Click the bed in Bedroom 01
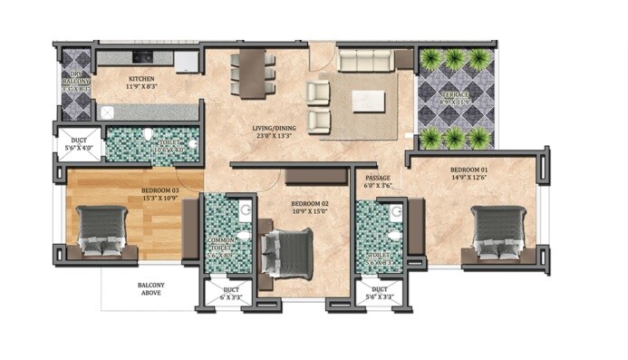(496, 233)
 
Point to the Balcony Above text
(150, 289)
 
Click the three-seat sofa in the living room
(366, 61)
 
